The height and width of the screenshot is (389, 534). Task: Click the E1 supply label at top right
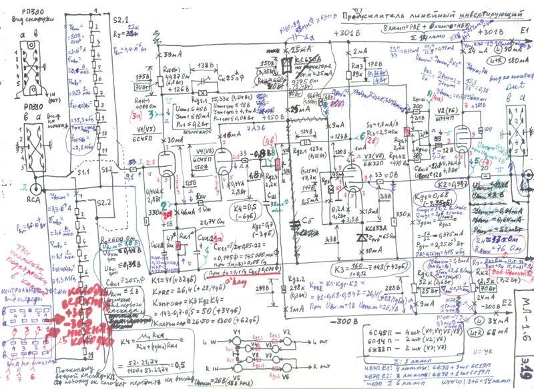pos(525,31)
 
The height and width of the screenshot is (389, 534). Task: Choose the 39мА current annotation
pos(173,53)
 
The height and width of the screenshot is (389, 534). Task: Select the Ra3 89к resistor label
pos(358,69)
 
